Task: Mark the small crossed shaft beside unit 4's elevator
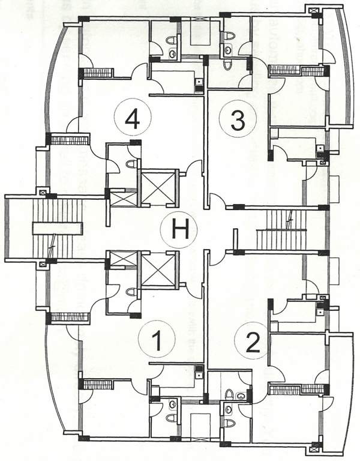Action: pos(124,199)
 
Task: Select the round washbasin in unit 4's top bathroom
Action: pos(172,53)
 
